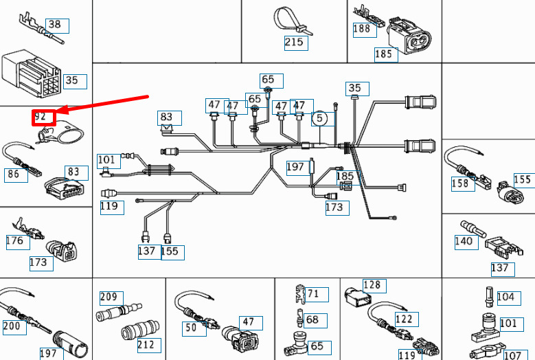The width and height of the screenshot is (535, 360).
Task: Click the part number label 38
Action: pyautogui.click(x=55, y=25)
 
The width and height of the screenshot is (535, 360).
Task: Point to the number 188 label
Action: pyautogui.click(x=361, y=29)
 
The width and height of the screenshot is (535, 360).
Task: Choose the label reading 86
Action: pyautogui.click(x=14, y=175)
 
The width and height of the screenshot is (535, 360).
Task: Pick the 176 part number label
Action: pyautogui.click(x=14, y=240)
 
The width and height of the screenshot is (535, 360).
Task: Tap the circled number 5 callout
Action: pyautogui.click(x=319, y=118)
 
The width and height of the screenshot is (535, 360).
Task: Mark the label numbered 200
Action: pyautogui.click(x=12, y=326)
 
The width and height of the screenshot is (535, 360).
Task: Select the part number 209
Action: pyautogui.click(x=109, y=297)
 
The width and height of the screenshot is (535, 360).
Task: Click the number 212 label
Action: pyautogui.click(x=146, y=344)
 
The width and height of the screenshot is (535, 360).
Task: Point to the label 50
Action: pyautogui.click(x=191, y=328)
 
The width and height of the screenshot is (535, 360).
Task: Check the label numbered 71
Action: pyautogui.click(x=312, y=294)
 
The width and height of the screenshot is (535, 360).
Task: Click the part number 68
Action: pyautogui.click(x=312, y=320)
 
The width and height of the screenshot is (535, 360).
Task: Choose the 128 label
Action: pyautogui.click(x=372, y=285)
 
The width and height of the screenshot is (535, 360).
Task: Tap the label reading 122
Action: pyautogui.click(x=405, y=319)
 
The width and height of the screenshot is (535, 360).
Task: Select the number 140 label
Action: pyautogui.click(x=464, y=241)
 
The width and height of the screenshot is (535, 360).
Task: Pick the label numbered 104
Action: pyautogui.click(x=505, y=297)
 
